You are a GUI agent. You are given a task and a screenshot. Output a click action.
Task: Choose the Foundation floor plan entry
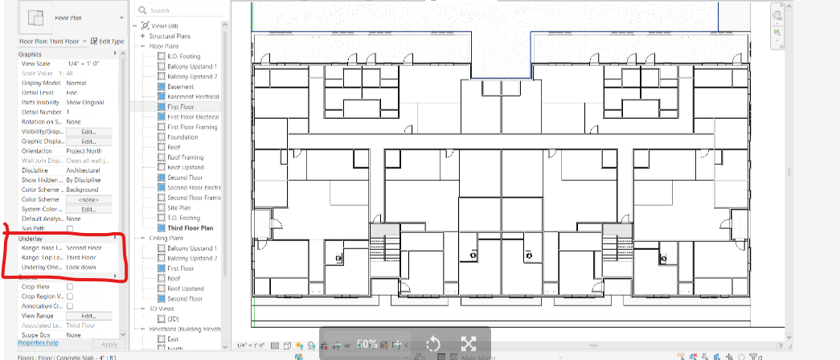[x=183, y=137]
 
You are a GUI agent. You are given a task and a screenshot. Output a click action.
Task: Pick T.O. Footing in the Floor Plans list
[x=183, y=218]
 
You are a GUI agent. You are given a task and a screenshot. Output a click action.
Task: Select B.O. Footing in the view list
[x=183, y=56]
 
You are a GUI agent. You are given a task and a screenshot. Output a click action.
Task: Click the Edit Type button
[x=108, y=41]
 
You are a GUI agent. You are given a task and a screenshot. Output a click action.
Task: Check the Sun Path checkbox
[x=70, y=229]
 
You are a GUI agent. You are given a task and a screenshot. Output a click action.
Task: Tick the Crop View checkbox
[x=70, y=286]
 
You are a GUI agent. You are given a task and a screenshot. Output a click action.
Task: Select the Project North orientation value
[x=88, y=151]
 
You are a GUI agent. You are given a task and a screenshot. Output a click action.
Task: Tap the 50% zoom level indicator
[x=367, y=344]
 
